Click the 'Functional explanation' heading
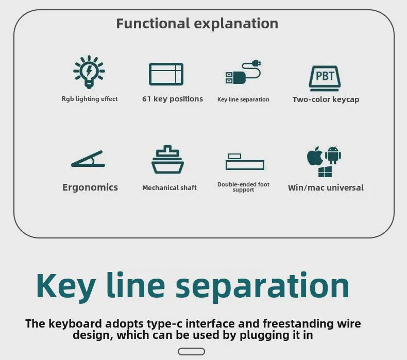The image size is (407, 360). (197, 24)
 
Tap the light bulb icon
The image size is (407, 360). (89, 72)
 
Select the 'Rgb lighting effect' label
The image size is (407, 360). (90, 99)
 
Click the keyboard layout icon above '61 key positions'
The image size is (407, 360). (166, 74)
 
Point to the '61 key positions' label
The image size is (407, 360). (173, 99)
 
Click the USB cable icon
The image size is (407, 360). (243, 73)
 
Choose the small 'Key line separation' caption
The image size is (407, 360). (243, 99)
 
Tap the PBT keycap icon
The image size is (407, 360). (325, 77)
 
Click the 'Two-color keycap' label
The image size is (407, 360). (326, 99)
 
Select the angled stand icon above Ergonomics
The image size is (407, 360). (88, 159)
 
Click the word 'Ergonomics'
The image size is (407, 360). (90, 187)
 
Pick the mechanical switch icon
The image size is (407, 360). (167, 160)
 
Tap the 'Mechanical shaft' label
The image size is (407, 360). (169, 188)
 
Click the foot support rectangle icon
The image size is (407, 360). (244, 162)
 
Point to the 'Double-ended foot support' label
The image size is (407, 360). (243, 187)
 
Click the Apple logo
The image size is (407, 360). (315, 156)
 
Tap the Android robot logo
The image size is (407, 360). (333, 155)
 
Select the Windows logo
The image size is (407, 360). (325, 172)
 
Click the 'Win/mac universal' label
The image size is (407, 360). (326, 188)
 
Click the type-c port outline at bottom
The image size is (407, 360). (191, 352)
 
